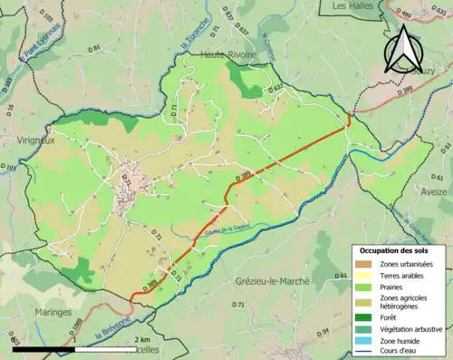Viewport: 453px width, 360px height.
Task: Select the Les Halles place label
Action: pos(352,6)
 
